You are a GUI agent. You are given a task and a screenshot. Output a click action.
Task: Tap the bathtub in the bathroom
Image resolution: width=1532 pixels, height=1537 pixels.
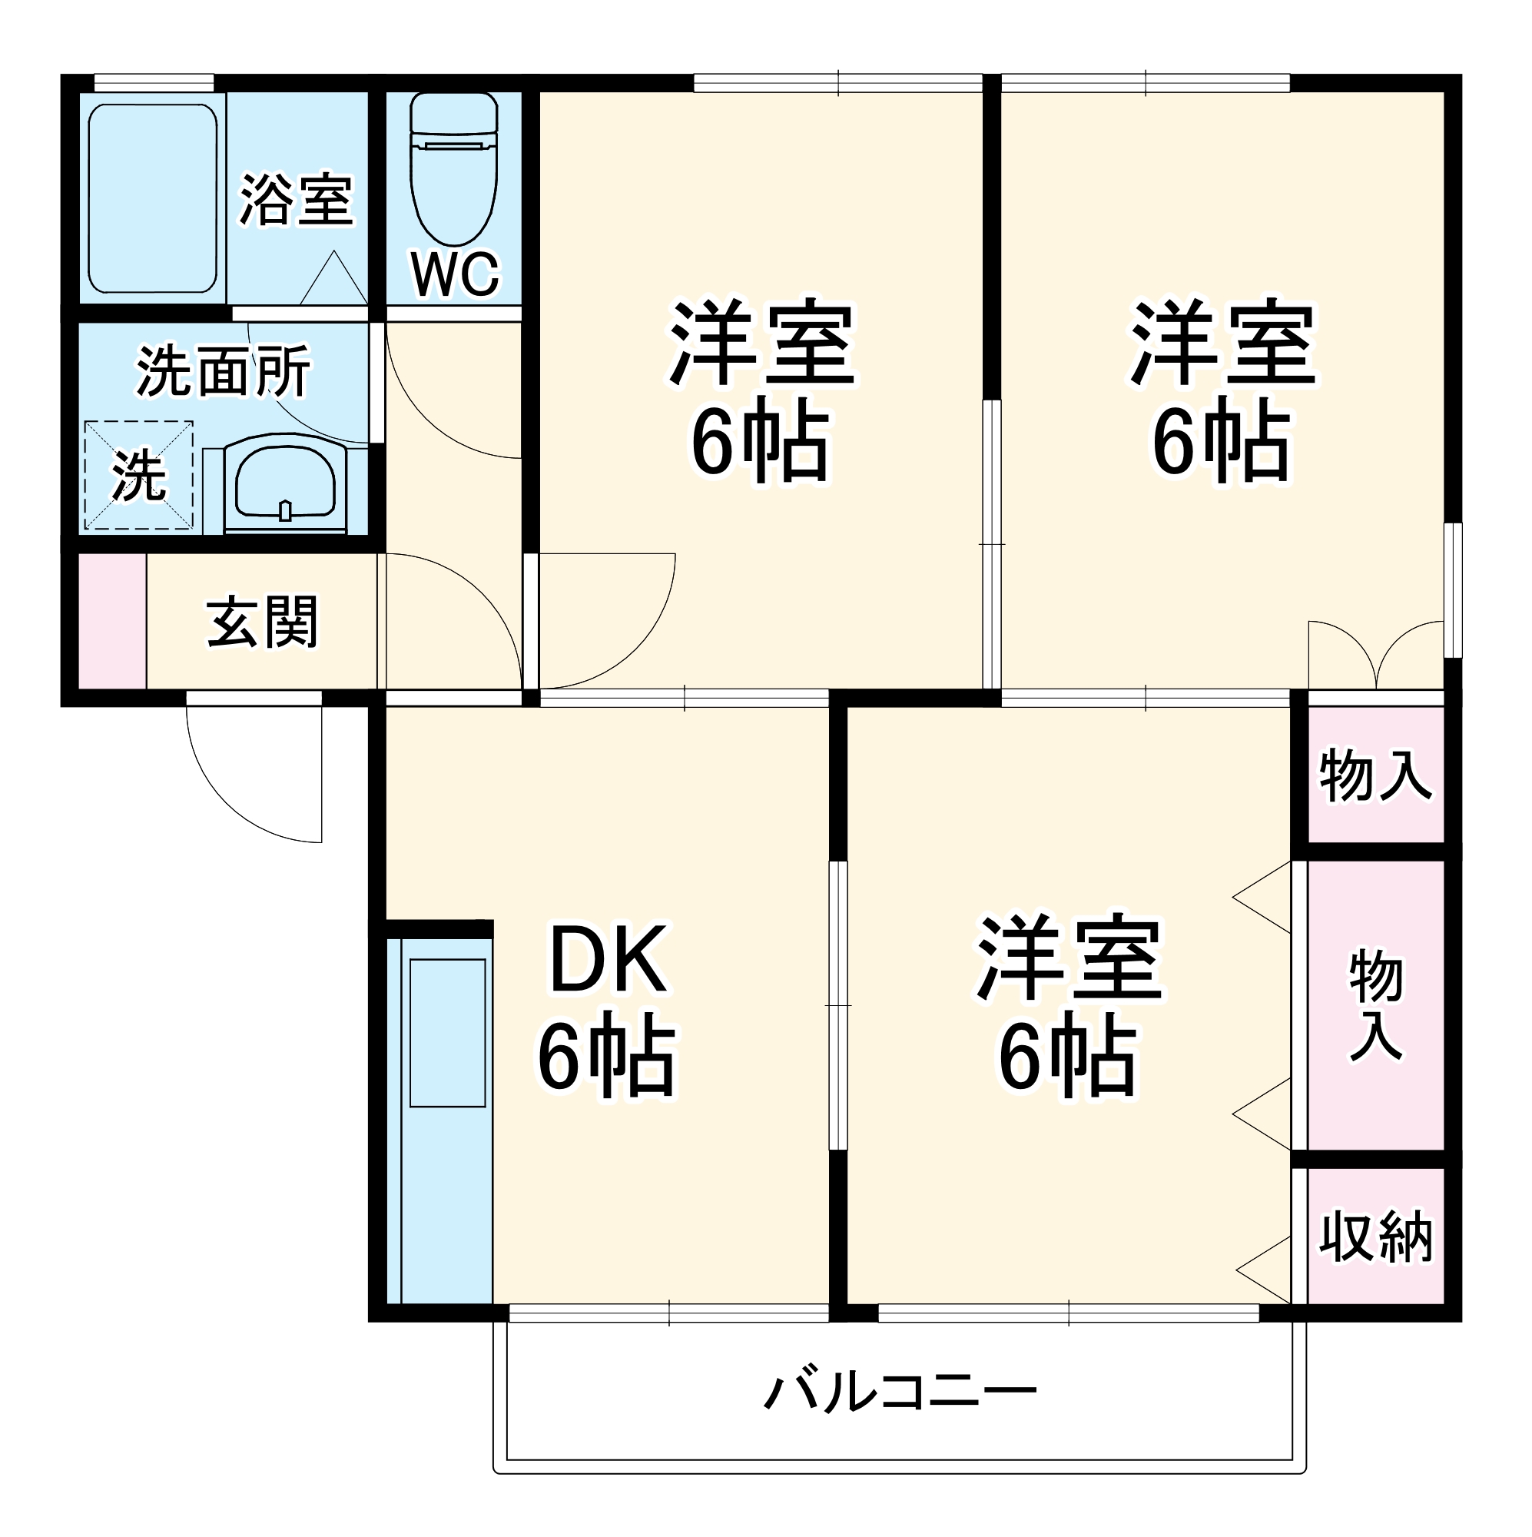point(152,198)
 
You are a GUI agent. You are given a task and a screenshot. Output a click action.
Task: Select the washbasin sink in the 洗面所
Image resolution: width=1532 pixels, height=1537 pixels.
point(286,482)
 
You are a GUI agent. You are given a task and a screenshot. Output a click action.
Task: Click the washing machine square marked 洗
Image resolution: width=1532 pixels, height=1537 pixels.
point(138,475)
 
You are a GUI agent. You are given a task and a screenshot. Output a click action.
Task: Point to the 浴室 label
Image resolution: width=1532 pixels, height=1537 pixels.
point(297,200)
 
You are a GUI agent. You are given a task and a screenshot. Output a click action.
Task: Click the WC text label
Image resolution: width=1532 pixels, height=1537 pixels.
point(454,274)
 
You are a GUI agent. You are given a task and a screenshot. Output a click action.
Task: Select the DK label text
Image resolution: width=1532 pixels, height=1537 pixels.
point(608,961)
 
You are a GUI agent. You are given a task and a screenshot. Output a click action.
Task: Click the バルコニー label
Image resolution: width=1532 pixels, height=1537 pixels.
point(900,1393)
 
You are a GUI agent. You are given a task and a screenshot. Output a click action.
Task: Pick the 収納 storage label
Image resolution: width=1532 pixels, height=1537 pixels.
point(1375,1237)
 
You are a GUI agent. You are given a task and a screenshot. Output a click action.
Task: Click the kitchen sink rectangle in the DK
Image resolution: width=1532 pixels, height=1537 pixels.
point(447,1034)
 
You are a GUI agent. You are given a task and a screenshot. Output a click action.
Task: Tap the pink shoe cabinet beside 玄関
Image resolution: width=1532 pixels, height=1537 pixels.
point(112,620)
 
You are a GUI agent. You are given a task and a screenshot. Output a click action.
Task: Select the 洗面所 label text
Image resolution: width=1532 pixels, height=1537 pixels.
point(224,370)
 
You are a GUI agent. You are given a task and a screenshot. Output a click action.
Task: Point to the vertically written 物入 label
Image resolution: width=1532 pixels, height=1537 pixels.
point(1375,1004)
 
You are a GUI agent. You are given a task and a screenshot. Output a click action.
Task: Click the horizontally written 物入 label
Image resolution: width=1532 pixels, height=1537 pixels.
point(1375,775)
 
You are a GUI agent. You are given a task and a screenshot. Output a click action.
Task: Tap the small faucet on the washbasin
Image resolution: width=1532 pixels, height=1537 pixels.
point(286,510)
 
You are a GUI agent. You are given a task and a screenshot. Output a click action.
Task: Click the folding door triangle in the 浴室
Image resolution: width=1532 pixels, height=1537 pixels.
point(334,280)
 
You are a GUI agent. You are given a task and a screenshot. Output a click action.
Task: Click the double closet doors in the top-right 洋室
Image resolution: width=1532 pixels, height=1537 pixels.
point(1375,656)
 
